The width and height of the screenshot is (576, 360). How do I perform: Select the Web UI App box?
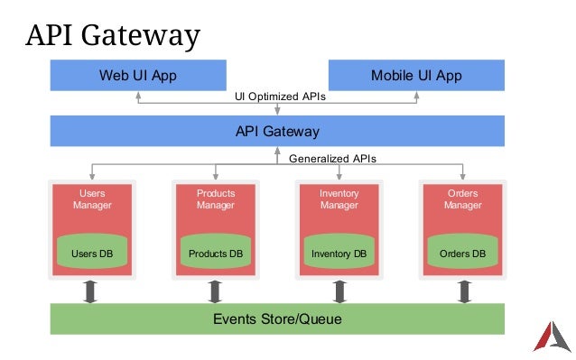click(x=137, y=75)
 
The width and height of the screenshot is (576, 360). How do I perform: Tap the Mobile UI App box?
click(x=416, y=75)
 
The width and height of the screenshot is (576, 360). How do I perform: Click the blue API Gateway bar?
click(x=277, y=132)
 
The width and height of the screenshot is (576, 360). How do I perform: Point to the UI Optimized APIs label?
click(x=280, y=96)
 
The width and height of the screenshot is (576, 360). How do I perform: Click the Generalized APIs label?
click(x=332, y=158)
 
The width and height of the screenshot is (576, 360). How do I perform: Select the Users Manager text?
click(x=92, y=199)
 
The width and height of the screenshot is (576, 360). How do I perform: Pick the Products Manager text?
click(x=216, y=199)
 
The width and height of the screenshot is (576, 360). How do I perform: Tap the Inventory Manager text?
click(x=339, y=199)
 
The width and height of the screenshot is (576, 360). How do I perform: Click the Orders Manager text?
click(x=462, y=199)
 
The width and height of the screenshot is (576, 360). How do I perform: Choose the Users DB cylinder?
click(x=92, y=252)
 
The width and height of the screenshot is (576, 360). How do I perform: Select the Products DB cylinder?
click(x=216, y=252)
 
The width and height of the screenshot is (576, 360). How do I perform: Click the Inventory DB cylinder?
click(x=339, y=252)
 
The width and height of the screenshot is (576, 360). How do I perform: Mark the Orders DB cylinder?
click(x=462, y=252)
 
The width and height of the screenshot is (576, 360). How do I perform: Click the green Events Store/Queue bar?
click(x=277, y=318)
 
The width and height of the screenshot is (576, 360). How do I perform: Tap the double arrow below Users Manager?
click(x=90, y=291)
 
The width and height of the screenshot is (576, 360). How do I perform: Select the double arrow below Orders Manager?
click(x=464, y=291)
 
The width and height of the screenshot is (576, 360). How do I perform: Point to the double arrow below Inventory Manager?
click(x=340, y=291)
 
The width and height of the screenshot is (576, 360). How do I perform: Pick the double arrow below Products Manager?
click(x=215, y=291)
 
